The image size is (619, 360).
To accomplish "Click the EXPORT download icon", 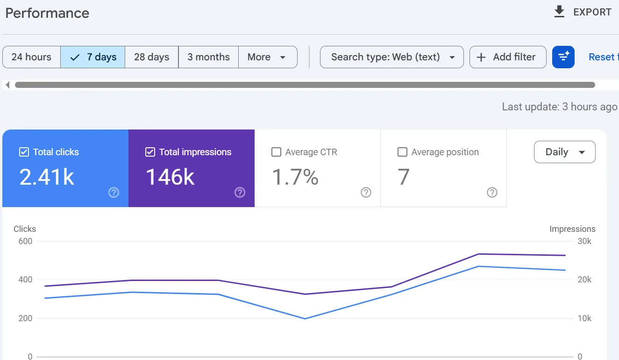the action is pyautogui.click(x=559, y=12).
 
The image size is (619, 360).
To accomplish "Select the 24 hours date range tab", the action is pyautogui.click(x=31, y=57).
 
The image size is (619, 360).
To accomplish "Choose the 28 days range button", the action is pyautogui.click(x=152, y=57).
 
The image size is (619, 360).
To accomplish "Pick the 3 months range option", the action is pyautogui.click(x=209, y=57).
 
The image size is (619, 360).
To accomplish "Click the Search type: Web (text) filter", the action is pyautogui.click(x=392, y=57).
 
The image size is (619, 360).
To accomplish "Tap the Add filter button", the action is pyautogui.click(x=508, y=57).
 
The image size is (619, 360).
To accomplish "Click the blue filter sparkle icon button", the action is pyautogui.click(x=563, y=57).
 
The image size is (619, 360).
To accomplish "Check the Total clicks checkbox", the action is pyautogui.click(x=24, y=152).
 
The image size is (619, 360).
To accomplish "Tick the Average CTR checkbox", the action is pyautogui.click(x=277, y=152).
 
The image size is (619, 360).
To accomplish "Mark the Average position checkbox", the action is pyautogui.click(x=402, y=152).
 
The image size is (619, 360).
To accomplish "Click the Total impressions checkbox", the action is pyautogui.click(x=150, y=152).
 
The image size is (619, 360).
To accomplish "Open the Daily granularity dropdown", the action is pyautogui.click(x=565, y=152).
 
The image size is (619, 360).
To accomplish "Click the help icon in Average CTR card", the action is pyautogui.click(x=366, y=193).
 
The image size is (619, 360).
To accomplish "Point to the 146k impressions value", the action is pyautogui.click(x=170, y=177).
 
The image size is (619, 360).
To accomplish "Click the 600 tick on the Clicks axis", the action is pyautogui.click(x=25, y=241).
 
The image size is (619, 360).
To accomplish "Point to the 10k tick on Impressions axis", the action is pyautogui.click(x=584, y=318).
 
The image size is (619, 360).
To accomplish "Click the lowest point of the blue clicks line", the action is pyautogui.click(x=305, y=319).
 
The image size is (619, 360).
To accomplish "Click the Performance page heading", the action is pyautogui.click(x=47, y=13).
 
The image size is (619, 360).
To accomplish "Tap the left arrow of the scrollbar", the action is pyautogui.click(x=8, y=85).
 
